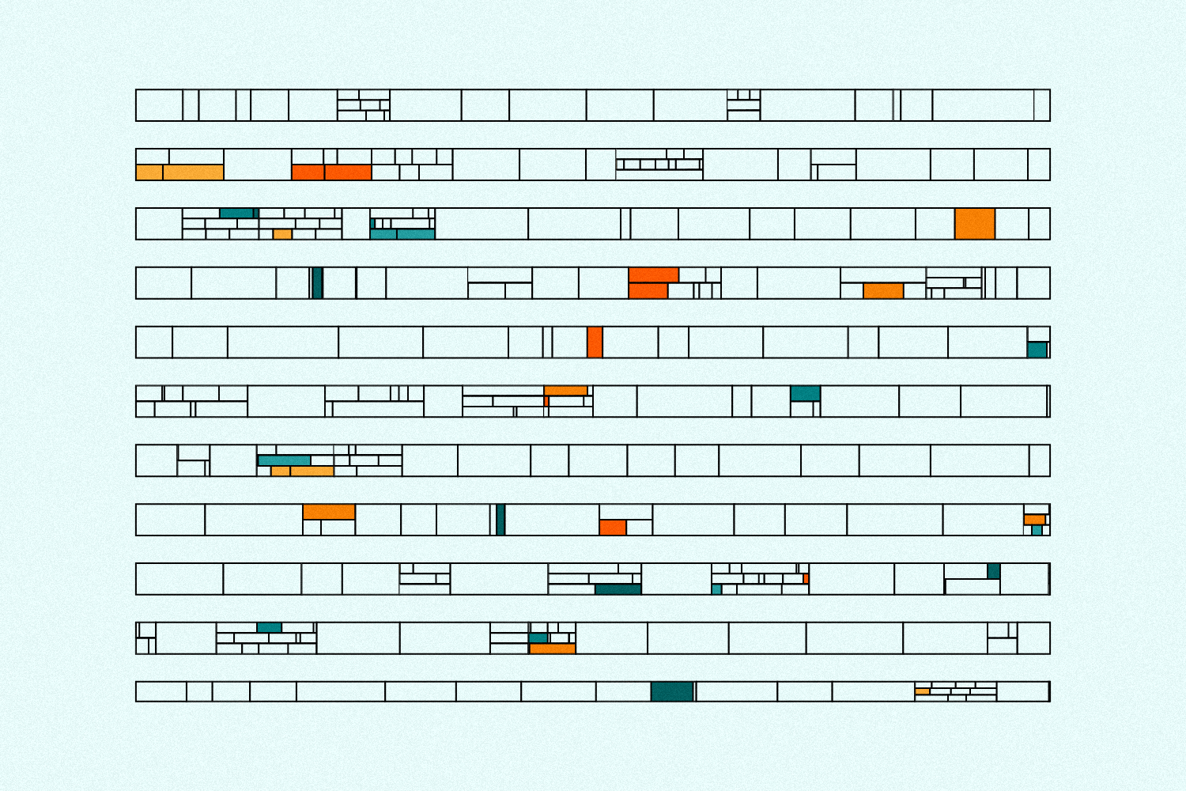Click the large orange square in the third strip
tap(974, 224)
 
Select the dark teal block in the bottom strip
tap(672, 691)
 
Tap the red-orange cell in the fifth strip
tap(595, 342)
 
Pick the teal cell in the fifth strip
tap(1037, 350)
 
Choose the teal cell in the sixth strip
tap(806, 393)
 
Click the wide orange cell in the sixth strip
tap(565, 391)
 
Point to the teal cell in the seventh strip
tap(284, 460)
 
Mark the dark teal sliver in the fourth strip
tap(318, 283)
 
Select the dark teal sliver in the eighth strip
tap(500, 520)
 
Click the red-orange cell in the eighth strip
tap(613, 528)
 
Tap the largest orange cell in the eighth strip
tap(329, 512)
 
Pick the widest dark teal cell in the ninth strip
tap(618, 589)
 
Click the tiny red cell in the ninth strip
tap(806, 579)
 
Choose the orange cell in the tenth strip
tap(553, 649)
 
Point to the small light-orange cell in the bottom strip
tap(922, 691)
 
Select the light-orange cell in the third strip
tap(282, 234)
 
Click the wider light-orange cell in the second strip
tap(193, 172)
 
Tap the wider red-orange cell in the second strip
tap(348, 172)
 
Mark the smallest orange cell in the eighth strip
tap(1035, 520)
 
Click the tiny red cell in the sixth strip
tap(546, 402)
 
